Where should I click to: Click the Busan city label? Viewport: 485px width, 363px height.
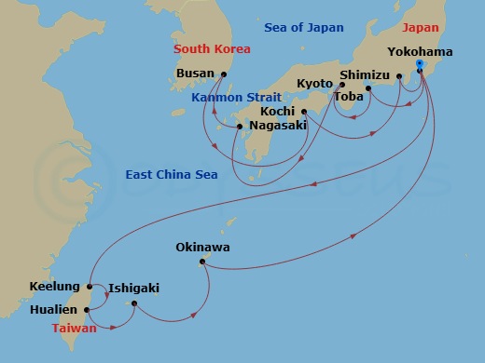[x=195, y=74]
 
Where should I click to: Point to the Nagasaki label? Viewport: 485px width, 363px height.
[x=278, y=128]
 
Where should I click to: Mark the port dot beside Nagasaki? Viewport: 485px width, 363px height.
[x=240, y=127]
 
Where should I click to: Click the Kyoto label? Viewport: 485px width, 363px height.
[x=314, y=84]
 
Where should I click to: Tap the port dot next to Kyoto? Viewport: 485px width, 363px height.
[x=342, y=85]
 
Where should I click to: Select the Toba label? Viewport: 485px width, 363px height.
[x=349, y=97]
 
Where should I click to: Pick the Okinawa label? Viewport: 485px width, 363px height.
[x=202, y=248]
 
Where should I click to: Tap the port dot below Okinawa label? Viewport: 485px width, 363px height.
[x=201, y=262]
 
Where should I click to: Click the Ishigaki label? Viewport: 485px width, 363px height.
[x=134, y=289]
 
